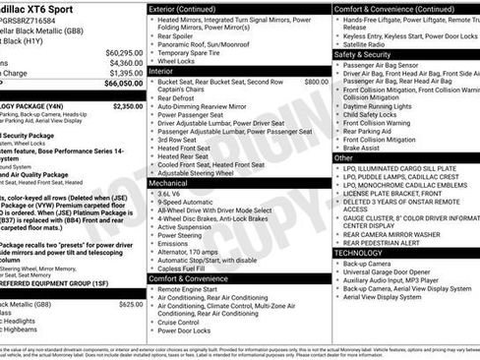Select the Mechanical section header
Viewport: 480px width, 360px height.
pos(168,183)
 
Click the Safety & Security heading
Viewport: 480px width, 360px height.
pos(363,55)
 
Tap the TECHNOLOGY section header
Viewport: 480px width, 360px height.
pos(360,253)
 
